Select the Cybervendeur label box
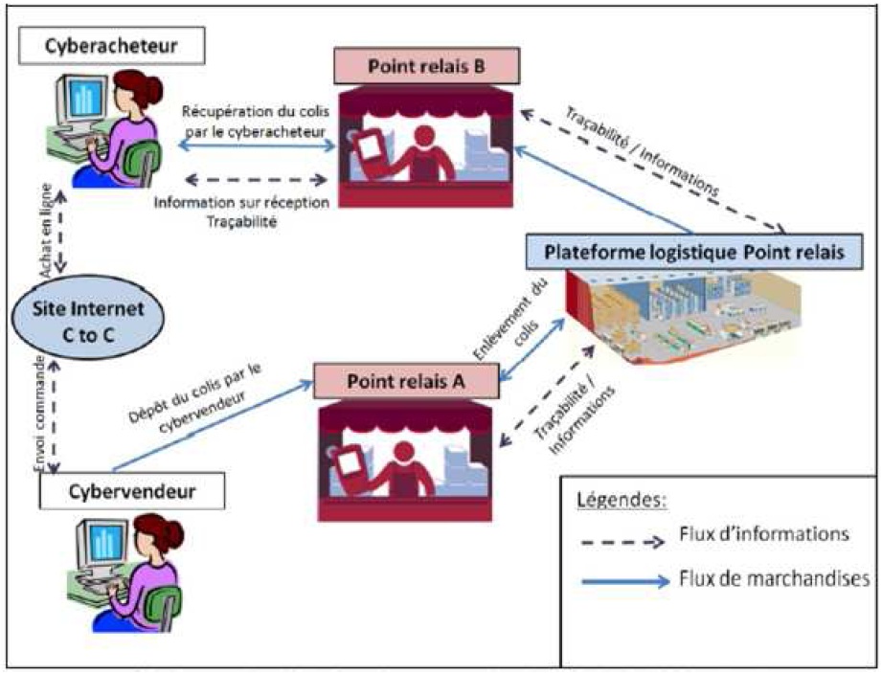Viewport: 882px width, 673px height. [132, 492]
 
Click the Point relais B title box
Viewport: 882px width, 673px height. [426, 67]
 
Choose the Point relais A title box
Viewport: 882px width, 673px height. [407, 379]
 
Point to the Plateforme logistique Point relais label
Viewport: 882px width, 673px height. [693, 253]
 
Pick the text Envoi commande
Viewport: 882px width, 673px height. [39, 412]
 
